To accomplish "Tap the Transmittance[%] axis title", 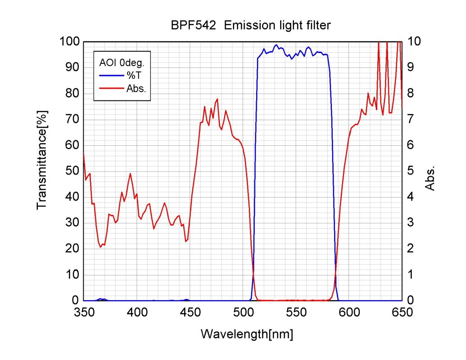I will click(x=42, y=160).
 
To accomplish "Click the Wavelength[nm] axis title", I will click(x=247, y=334).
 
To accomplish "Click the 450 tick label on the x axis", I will click(x=190, y=312).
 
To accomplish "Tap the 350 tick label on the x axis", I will click(x=84, y=312).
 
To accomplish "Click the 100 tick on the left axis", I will click(x=70, y=42).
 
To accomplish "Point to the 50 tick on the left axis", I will click(x=73, y=171).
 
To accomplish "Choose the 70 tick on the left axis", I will click(x=73, y=120).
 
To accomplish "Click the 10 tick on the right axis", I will click(x=413, y=42).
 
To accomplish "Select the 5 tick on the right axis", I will click(x=410, y=171).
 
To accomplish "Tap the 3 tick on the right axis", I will click(x=410, y=223).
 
